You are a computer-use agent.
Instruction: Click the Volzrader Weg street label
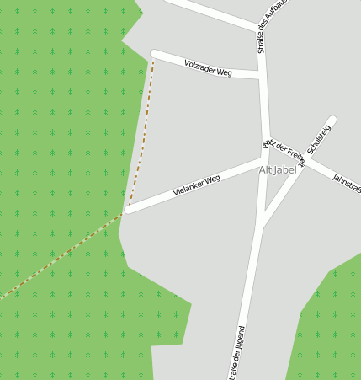click(x=208, y=68)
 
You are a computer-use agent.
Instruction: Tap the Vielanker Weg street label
click(x=196, y=185)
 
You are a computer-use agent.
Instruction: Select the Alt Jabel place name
click(x=278, y=170)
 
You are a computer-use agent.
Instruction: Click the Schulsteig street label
click(x=320, y=138)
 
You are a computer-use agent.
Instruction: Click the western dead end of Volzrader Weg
click(x=154, y=54)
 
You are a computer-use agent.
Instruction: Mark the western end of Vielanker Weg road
click(x=128, y=209)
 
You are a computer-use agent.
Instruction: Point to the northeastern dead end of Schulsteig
click(x=332, y=120)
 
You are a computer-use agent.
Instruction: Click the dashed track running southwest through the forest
click(x=59, y=257)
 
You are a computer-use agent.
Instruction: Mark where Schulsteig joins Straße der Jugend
click(x=262, y=226)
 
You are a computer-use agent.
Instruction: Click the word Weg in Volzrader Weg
click(x=224, y=72)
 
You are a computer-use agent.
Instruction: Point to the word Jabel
click(x=286, y=170)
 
